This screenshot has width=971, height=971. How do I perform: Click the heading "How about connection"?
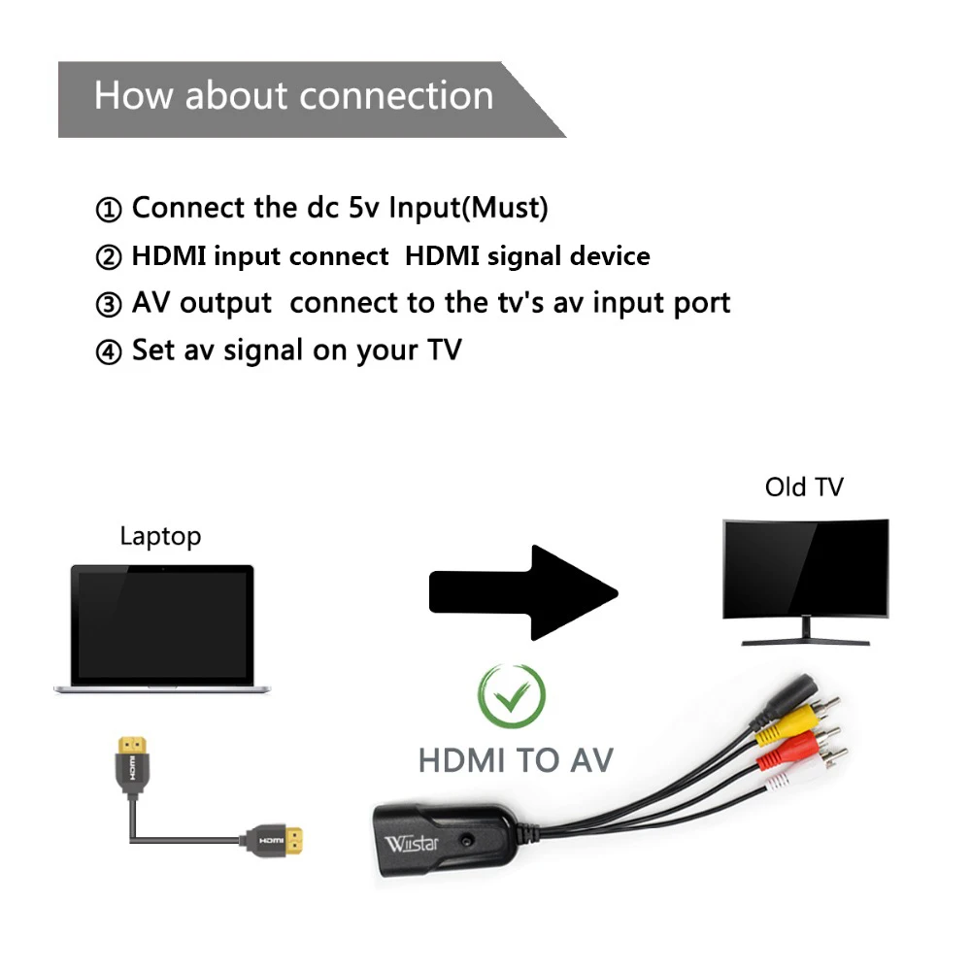click(293, 96)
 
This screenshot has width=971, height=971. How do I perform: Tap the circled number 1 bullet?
click(109, 210)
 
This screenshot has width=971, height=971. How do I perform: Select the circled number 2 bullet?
click(109, 258)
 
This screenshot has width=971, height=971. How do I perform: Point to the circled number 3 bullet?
click(109, 305)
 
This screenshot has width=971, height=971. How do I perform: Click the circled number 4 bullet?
click(109, 352)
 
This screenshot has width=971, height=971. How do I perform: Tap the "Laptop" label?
click(160, 536)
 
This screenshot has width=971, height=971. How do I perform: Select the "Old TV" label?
click(803, 486)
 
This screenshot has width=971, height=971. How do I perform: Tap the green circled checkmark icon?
click(512, 695)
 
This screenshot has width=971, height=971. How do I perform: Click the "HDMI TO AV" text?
click(516, 759)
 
